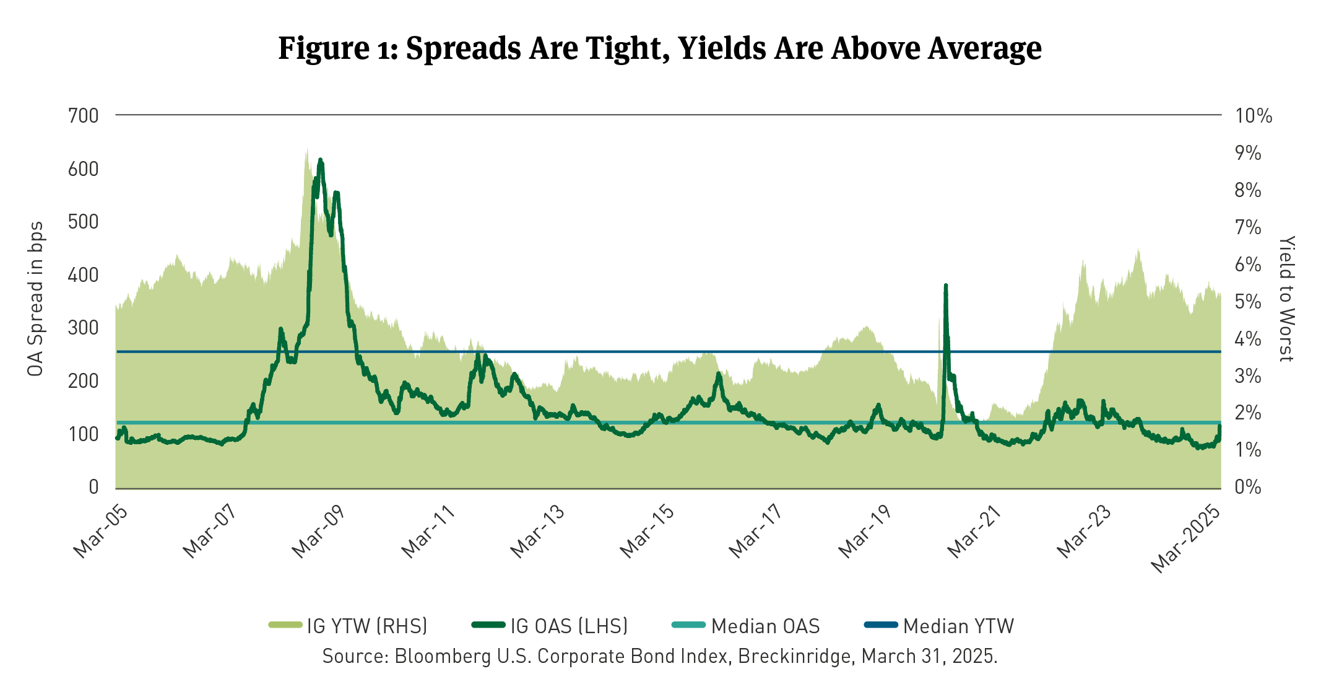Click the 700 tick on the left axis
[x=84, y=116]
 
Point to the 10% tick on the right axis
[x=1254, y=116]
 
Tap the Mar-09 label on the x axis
[x=318, y=531]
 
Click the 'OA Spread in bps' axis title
[x=35, y=299]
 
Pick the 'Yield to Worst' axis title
[x=1286, y=299]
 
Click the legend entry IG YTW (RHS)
[x=366, y=626]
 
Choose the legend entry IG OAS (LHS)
[x=568, y=626]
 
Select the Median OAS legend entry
[x=765, y=626]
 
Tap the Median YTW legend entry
[x=958, y=626]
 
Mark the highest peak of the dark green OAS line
[x=320, y=160]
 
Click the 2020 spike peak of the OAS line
[x=945, y=286]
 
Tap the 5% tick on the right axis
[x=1248, y=302]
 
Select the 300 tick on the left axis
[x=84, y=328]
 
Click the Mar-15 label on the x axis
[x=646, y=531]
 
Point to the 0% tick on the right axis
[x=1248, y=487]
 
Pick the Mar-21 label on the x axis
[x=974, y=531]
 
